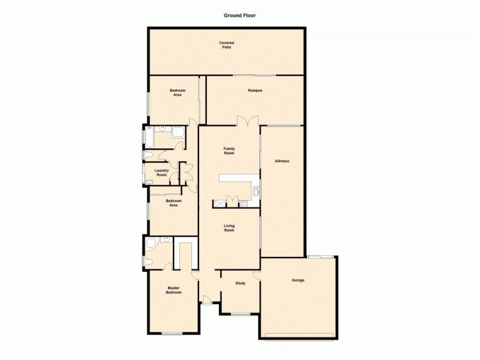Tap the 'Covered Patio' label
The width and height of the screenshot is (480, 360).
pos(226,45)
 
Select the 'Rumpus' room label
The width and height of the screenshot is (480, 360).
pos(255,91)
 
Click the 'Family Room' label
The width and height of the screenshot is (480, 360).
pos(229,151)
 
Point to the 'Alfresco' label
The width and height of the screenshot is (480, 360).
pos(282,161)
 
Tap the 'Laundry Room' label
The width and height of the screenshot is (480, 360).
pos(161,172)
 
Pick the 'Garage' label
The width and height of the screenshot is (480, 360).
pos(298,280)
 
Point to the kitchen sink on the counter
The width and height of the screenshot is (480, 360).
pos(256,191)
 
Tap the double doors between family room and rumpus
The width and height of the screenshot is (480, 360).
pos(247,121)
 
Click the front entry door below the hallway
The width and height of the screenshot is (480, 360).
pos(206,299)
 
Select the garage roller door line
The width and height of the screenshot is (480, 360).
pos(299,335)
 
